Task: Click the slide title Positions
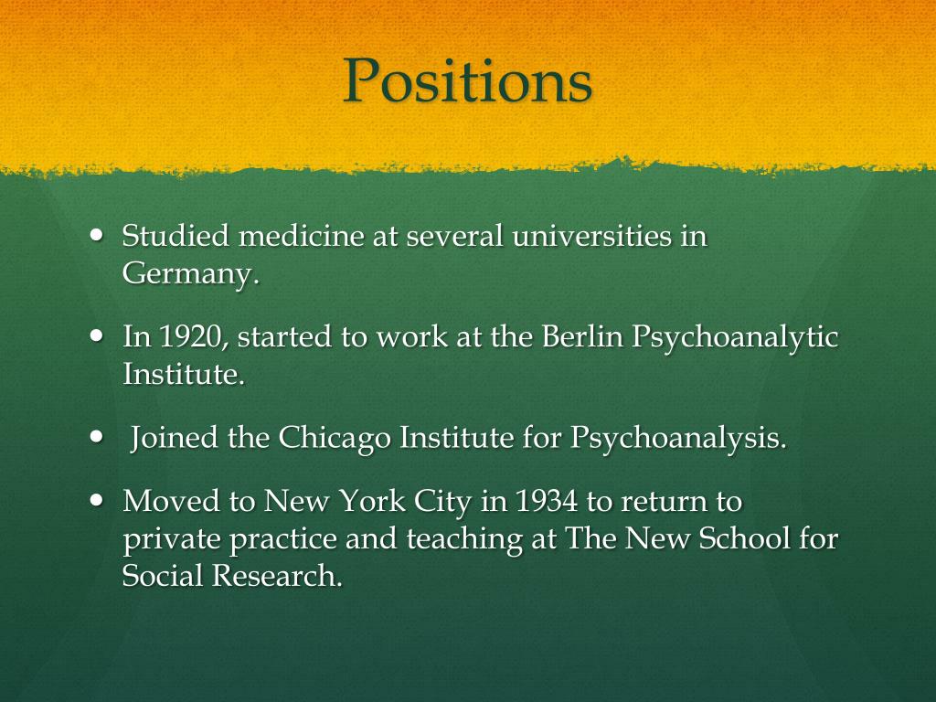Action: [x=467, y=80]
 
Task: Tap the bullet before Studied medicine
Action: [x=99, y=235]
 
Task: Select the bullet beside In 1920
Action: [x=99, y=335]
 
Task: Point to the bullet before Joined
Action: [x=99, y=436]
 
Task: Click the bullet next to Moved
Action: [x=99, y=500]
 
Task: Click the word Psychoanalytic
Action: [x=735, y=339]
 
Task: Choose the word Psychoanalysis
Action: [x=677, y=440]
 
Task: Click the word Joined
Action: [x=174, y=439]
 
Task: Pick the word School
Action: [x=743, y=539]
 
